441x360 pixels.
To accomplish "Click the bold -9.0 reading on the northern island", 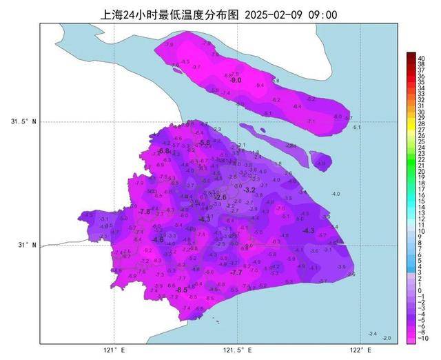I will click(236, 81).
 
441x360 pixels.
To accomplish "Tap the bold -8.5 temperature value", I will click(182, 290).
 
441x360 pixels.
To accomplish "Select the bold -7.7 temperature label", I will click(236, 273).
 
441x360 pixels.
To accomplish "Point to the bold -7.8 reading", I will click(145, 212).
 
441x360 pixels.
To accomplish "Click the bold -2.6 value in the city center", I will click(220, 198).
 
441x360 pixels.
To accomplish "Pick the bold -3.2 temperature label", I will click(249, 190).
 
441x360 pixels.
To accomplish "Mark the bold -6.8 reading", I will click(164, 151).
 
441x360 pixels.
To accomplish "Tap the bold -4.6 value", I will click(158, 239).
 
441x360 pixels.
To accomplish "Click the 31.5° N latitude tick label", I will click(23, 122).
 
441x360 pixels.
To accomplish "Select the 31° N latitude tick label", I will click(27, 244).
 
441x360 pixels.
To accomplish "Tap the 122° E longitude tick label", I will click(356, 350).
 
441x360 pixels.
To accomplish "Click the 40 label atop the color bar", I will click(420, 54).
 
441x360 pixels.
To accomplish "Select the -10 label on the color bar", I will click(421, 339).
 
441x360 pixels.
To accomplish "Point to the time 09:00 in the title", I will click(322, 14).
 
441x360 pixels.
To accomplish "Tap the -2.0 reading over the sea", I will click(386, 337).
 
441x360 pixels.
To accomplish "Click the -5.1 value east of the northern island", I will click(356, 128).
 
